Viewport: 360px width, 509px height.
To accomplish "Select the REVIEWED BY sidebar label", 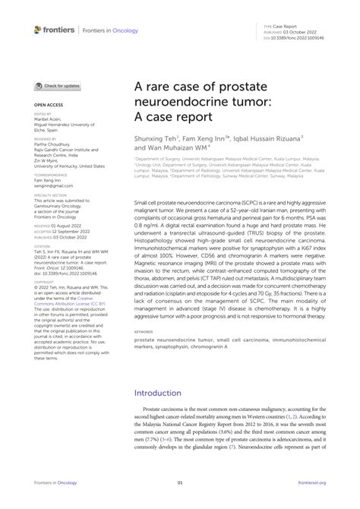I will [x=45, y=139].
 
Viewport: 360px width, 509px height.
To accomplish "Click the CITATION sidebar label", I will [x=41, y=245].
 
